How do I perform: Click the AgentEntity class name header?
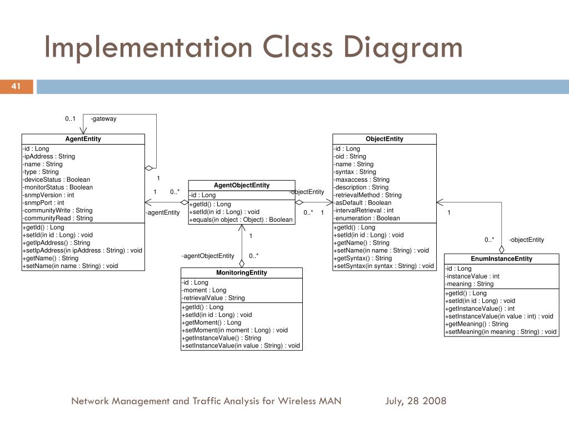(x=83, y=139)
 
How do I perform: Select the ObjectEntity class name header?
(x=385, y=139)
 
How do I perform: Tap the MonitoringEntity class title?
(x=242, y=272)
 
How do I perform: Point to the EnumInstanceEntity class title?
(x=501, y=259)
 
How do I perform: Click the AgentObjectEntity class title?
(x=242, y=185)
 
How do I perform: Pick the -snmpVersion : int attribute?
(x=48, y=195)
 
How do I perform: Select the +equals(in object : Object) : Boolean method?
(x=241, y=220)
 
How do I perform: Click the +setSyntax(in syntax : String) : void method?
(x=383, y=266)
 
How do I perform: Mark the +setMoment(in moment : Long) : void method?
(x=234, y=330)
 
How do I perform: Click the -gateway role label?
(x=103, y=118)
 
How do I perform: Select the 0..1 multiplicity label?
(x=70, y=118)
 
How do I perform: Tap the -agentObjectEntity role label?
(x=208, y=256)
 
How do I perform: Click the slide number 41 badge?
(x=16, y=86)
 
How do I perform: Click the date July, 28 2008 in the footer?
(x=416, y=401)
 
